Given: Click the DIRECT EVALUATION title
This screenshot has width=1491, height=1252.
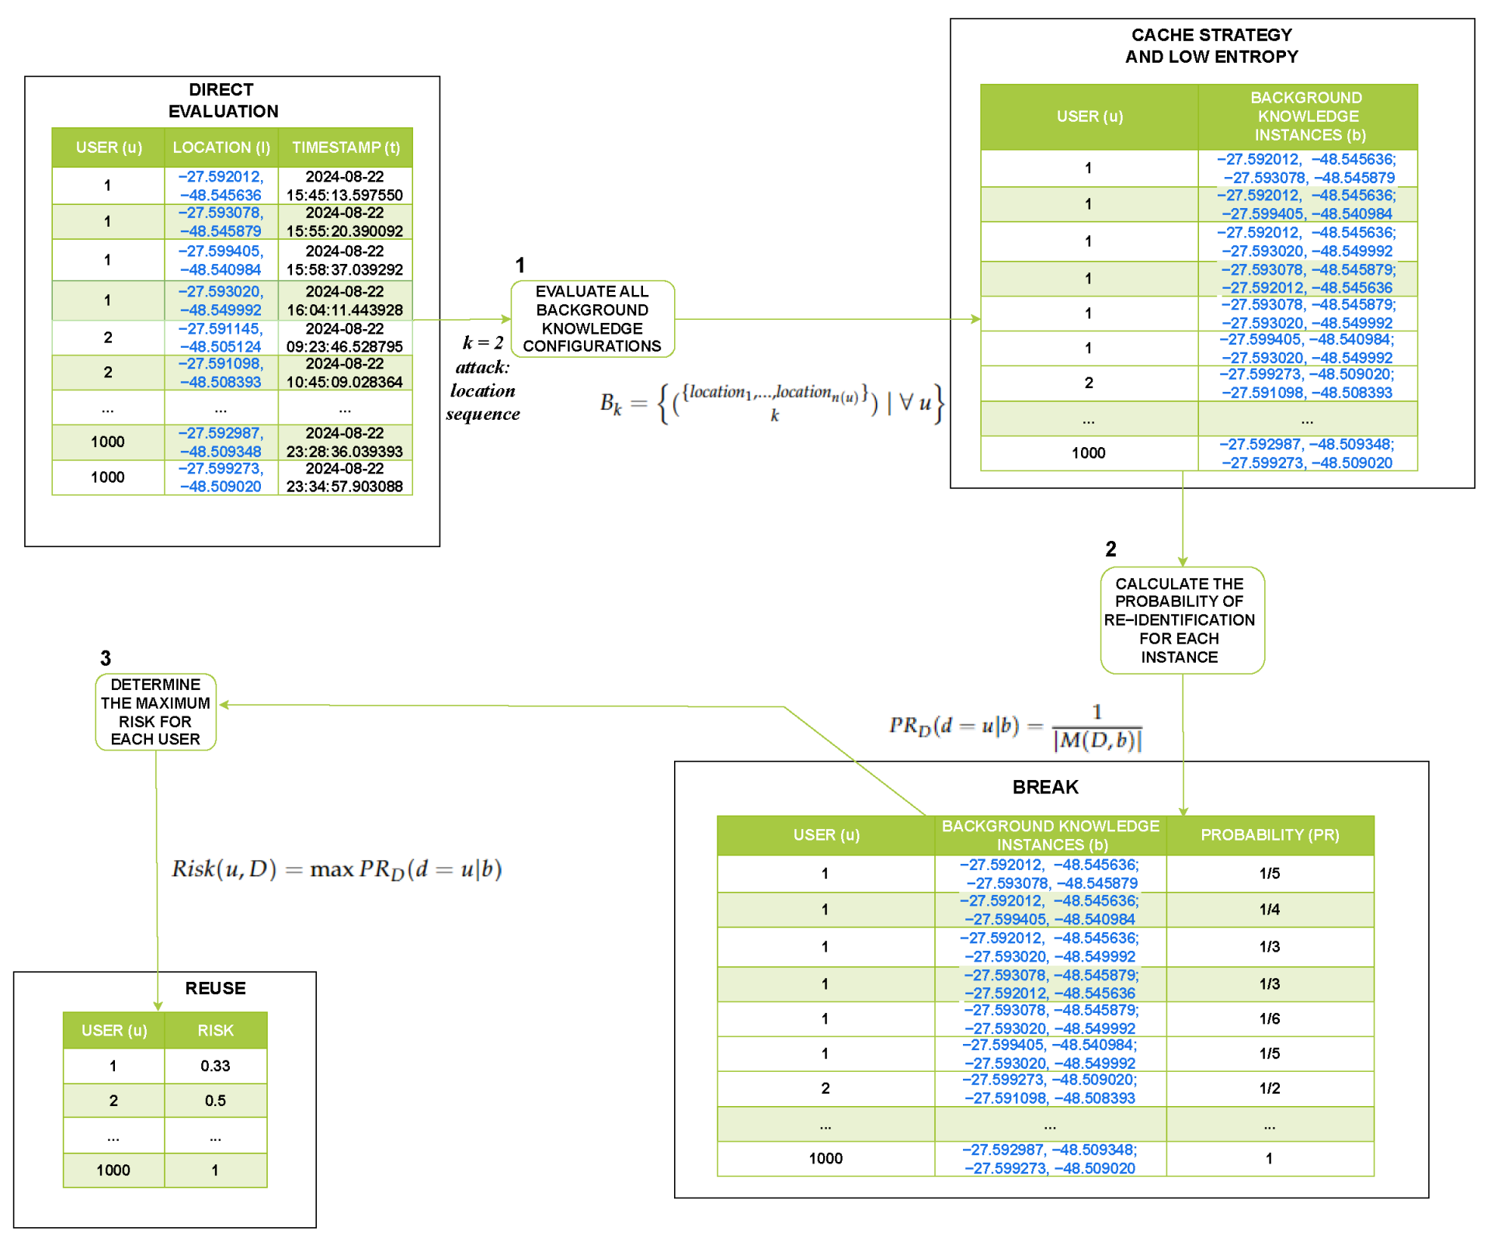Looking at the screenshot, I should (223, 100).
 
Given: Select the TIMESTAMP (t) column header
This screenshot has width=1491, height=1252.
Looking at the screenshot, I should (346, 147).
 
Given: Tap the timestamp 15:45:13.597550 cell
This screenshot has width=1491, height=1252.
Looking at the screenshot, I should (345, 186).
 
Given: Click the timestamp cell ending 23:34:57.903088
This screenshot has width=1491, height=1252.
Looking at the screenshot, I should (345, 478).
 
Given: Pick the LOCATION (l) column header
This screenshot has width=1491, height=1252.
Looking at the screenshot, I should (221, 147).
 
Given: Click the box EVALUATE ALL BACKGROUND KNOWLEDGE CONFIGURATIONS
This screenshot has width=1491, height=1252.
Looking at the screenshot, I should (592, 319).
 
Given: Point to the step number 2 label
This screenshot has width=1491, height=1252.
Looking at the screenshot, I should (1110, 550).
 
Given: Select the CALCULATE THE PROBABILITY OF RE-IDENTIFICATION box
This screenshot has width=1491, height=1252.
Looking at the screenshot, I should (1181, 620).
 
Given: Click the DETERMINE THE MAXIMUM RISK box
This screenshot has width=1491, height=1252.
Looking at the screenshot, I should (155, 712).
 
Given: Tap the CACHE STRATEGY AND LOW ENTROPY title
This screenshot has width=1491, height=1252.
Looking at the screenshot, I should (1211, 46).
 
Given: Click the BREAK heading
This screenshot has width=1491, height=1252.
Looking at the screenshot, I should (1045, 787).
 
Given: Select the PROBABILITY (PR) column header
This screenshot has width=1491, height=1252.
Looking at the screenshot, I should (1270, 835).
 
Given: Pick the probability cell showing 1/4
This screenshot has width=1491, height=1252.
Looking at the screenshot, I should (1270, 910).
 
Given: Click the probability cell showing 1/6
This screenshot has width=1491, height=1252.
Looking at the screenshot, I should (1270, 1019).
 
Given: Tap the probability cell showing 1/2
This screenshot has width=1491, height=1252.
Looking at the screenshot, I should (1270, 1088).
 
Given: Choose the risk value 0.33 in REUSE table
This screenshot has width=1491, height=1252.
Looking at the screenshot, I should (215, 1066).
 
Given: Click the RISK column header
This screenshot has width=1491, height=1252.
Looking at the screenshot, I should (215, 1031).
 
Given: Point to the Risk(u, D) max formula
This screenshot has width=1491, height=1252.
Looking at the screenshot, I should (336, 869).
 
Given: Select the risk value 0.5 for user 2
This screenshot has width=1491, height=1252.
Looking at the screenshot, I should (215, 1101).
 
